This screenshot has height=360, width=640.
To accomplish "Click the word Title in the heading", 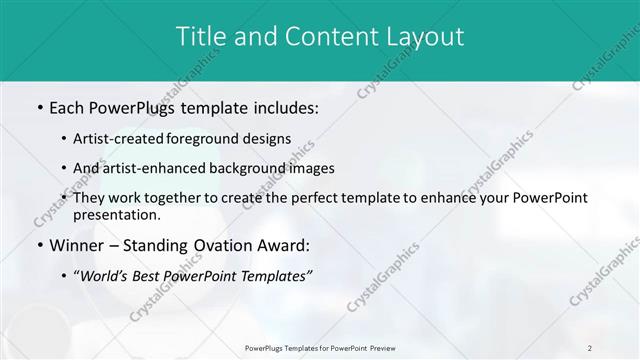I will click(201, 37).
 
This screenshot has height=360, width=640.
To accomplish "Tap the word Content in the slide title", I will click(323, 37).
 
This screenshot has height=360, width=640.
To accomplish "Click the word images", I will click(310, 168).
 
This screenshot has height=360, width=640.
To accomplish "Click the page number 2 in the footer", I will click(590, 347).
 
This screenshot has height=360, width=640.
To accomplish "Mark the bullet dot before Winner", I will click(39, 245).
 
